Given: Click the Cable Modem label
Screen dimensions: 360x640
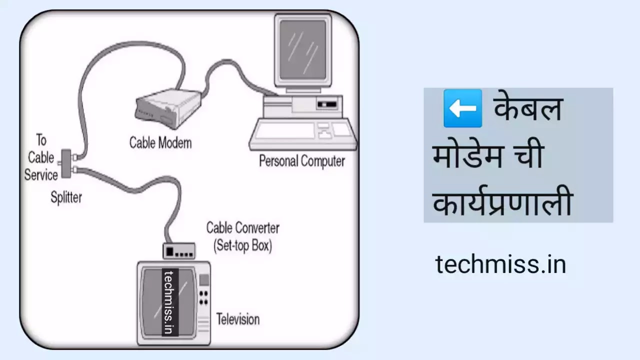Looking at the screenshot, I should coord(160,142).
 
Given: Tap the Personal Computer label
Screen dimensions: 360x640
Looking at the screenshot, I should coord(301,161).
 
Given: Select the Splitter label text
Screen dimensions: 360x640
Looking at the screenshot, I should coord(66,197).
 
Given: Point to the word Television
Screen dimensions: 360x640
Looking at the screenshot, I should coord(238,318).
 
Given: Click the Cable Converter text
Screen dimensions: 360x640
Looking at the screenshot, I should coord(243,228).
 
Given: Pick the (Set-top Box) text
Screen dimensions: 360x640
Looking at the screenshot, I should coord(242,246).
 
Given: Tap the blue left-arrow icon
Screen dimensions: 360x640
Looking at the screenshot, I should coord(462,108).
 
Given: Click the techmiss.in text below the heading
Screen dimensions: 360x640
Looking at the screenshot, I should coord(500,264).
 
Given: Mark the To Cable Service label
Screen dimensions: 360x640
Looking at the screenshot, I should coord(41,158).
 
